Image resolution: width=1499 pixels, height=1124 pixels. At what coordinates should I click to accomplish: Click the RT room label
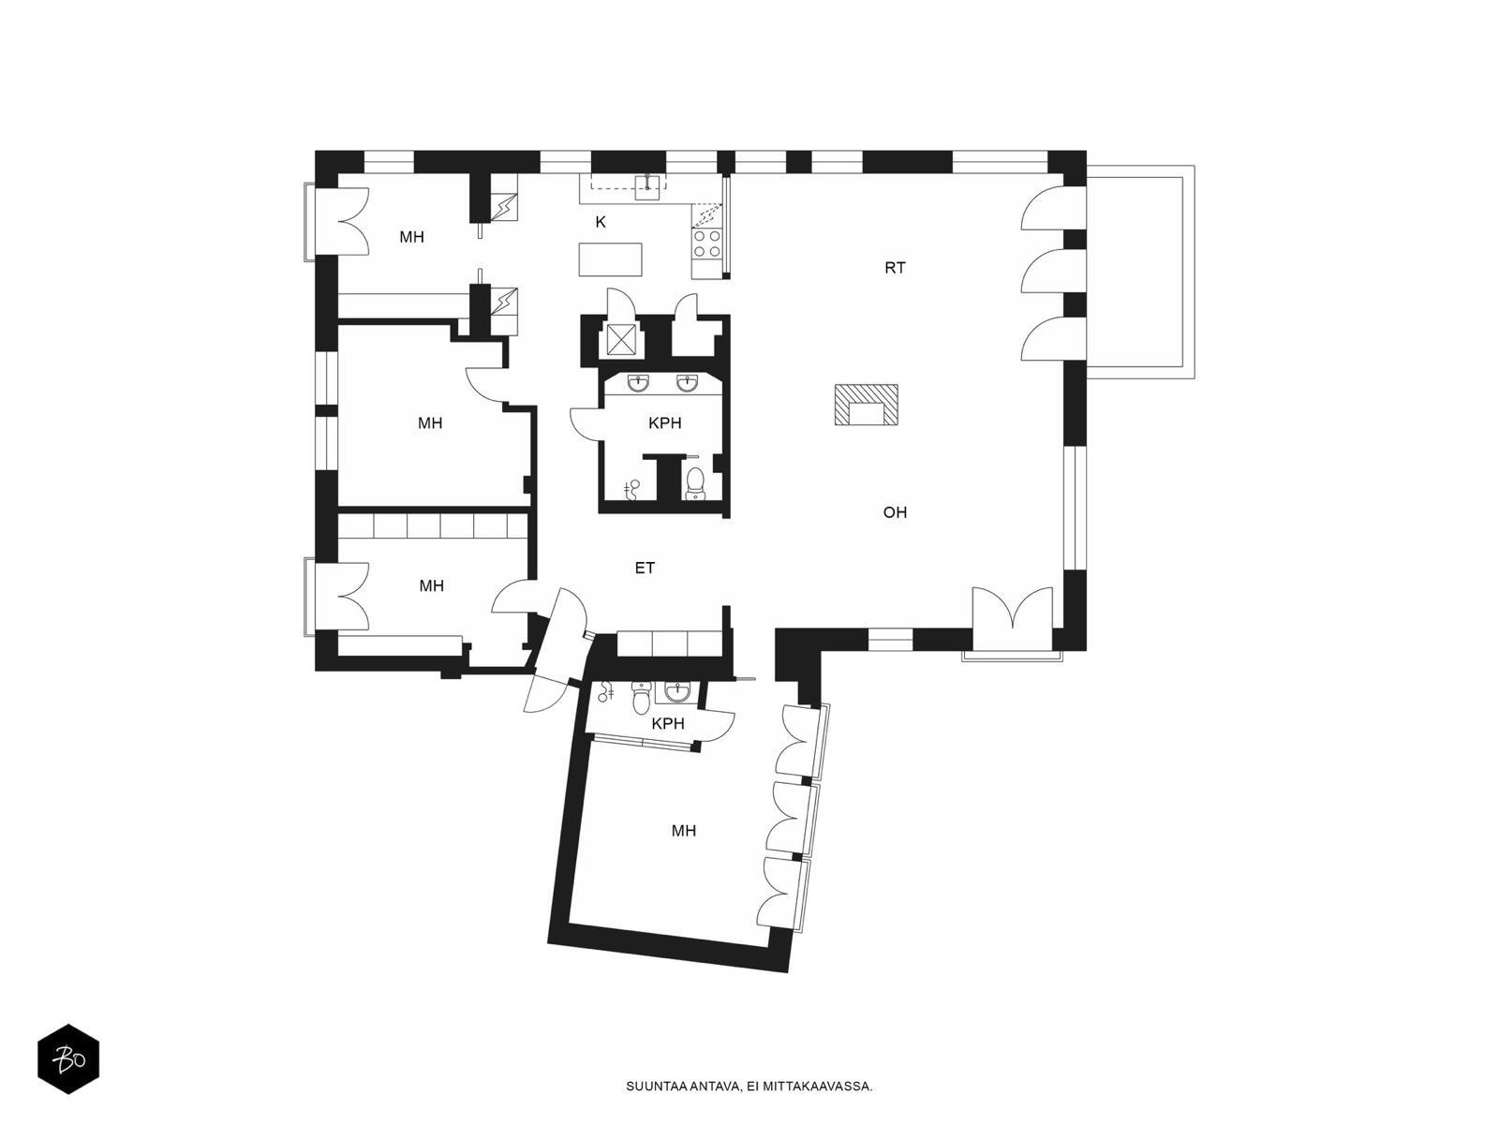pos(895,268)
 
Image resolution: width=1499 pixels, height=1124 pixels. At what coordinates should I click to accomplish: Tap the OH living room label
pos(895,512)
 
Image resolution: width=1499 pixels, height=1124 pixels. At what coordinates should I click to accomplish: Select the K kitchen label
pos(601,222)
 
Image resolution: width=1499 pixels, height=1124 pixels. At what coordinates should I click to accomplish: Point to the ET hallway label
pos(645,568)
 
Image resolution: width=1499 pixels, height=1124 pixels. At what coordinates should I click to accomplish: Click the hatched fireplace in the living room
pos(866,406)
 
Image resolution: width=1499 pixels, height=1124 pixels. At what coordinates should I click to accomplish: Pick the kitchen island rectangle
pos(611,259)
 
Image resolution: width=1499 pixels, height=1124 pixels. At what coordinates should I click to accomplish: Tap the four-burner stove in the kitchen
pos(706,244)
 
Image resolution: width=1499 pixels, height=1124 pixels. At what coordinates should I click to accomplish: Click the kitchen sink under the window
pos(648,186)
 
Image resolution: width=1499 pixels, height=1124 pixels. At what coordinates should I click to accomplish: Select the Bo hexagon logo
pos(68,1059)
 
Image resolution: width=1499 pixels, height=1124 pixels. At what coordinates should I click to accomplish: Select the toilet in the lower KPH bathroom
pos(641,697)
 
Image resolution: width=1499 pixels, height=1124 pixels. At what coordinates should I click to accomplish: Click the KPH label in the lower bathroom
pos(667,723)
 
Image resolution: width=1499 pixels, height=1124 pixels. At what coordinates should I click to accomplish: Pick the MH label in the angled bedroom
pos(684,831)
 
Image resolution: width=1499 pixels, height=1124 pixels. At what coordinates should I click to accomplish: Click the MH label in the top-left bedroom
pos(412,237)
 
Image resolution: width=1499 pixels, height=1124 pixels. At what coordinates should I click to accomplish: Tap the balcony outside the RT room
pos(1140,272)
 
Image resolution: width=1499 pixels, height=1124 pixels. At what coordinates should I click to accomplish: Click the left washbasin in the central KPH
pos(639,383)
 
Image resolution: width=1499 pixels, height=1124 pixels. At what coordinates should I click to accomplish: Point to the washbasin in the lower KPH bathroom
pos(675,693)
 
